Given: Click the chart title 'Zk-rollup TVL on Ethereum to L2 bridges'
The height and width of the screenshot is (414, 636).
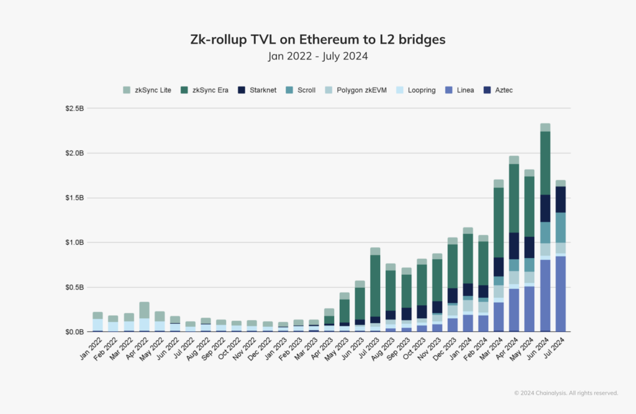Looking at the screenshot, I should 318,40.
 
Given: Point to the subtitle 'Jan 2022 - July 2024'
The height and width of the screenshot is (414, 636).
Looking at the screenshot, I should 318,56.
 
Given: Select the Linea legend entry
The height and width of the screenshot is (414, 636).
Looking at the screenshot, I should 460,90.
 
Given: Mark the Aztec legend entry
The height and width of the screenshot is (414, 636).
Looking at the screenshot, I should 498,90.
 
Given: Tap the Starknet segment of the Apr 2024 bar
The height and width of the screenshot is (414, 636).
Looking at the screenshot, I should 514,246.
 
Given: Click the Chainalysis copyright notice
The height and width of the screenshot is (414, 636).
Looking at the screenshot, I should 566,393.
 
